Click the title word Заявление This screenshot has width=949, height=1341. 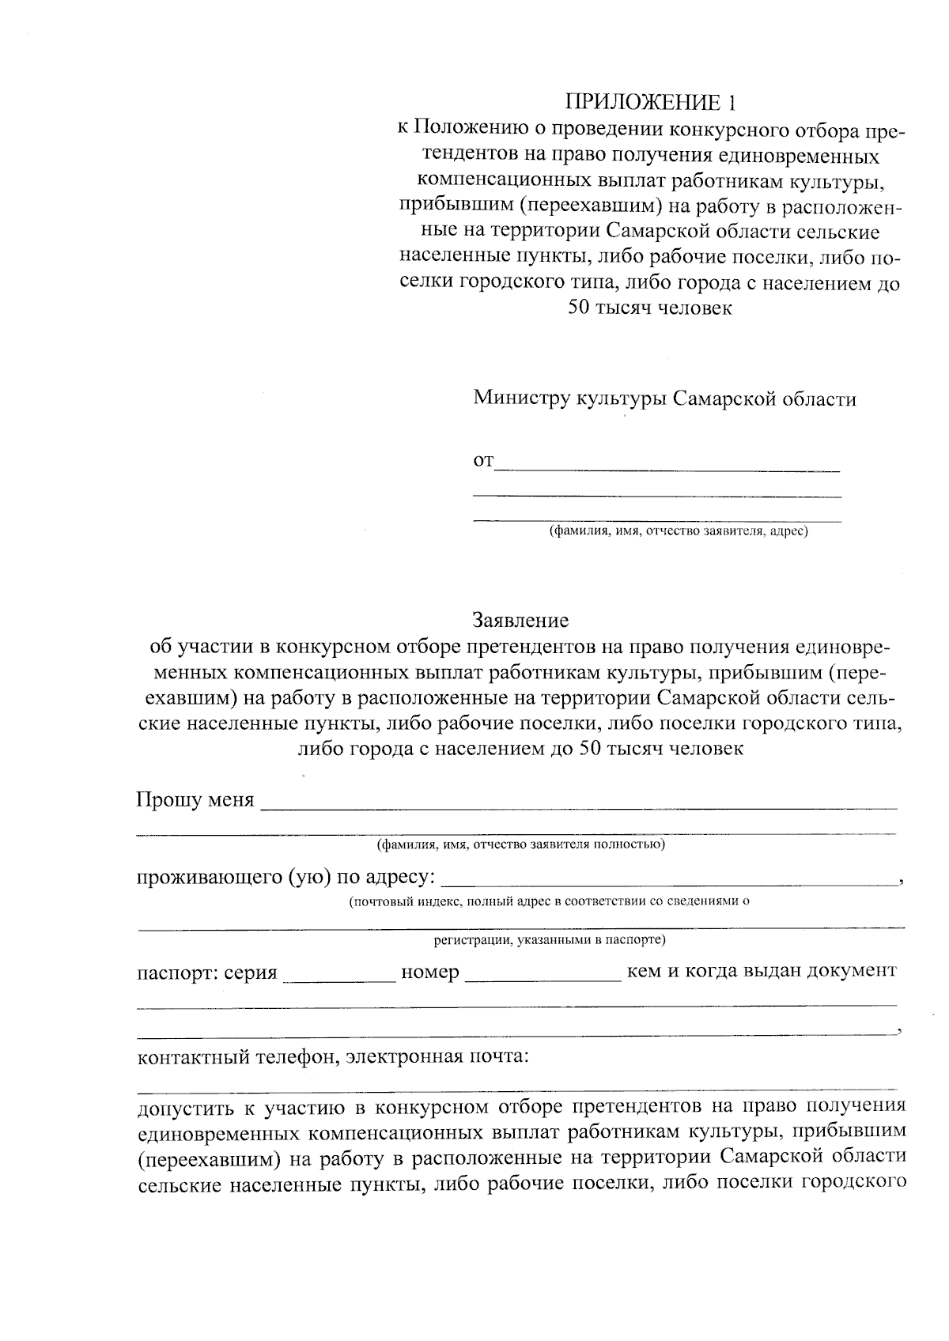pyautogui.click(x=520, y=619)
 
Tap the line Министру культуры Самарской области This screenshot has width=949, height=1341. pyautogui.click(x=664, y=399)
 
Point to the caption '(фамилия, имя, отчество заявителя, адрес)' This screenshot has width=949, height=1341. pyautogui.click(x=679, y=531)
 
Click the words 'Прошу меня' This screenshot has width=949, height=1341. pyautogui.click(x=195, y=800)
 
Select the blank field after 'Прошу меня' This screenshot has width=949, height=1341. pyautogui.click(x=579, y=803)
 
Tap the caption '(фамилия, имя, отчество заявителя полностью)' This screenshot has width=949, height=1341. pyautogui.click(x=520, y=844)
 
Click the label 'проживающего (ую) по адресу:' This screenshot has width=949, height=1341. pyautogui.click(x=285, y=877)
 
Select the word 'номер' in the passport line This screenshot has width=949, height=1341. pyautogui.click(x=430, y=972)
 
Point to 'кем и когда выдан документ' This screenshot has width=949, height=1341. pyautogui.click(x=761, y=971)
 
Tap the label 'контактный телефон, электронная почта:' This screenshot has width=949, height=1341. pyautogui.click(x=333, y=1056)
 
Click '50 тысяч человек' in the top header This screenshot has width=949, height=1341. pyautogui.click(x=650, y=308)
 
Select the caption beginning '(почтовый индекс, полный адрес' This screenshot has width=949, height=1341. pyautogui.click(x=549, y=901)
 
